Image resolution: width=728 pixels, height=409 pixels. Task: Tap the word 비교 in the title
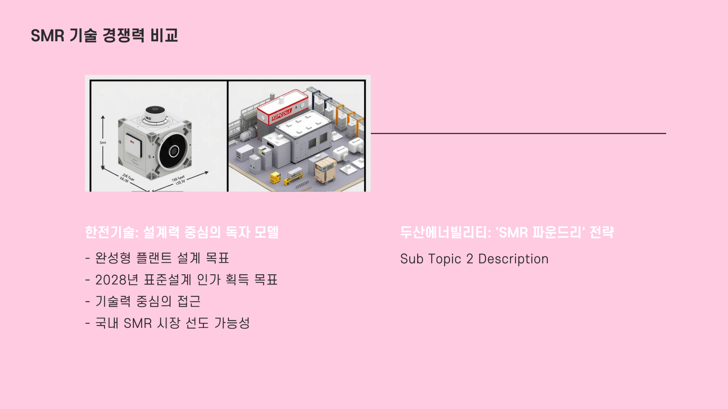pyautogui.click(x=164, y=36)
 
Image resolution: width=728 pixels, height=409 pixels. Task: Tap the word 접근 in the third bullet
pyautogui.click(x=189, y=301)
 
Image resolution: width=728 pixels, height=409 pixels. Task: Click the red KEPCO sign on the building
pyautogui.click(x=281, y=116)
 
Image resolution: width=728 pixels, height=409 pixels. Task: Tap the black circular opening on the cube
pyautogui.click(x=174, y=151)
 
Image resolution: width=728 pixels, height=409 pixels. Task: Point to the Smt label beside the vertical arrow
pyautogui.click(x=103, y=143)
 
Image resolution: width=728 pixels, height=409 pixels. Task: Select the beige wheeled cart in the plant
pyautogui.click(x=325, y=169)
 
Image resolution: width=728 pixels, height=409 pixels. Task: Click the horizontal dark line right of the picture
pyautogui.click(x=518, y=133)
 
